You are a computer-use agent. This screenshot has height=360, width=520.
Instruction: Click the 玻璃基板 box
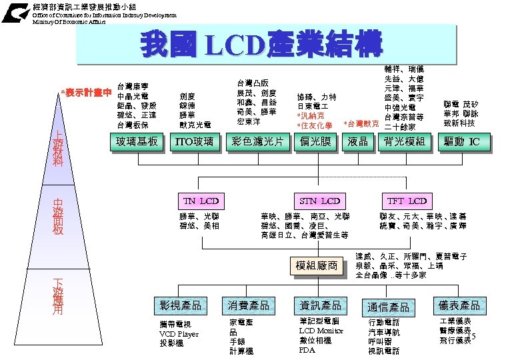click(137, 141)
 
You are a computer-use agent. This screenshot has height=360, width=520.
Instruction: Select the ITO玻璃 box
click(194, 141)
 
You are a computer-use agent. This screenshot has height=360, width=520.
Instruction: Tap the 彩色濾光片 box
click(257, 141)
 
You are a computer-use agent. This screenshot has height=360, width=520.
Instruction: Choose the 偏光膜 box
click(316, 141)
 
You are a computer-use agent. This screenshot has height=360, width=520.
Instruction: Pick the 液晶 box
click(358, 141)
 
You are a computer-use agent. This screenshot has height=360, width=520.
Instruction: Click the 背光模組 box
click(405, 141)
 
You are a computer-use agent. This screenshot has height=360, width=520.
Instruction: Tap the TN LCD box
click(201, 201)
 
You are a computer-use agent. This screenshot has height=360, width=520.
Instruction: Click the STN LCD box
click(320, 201)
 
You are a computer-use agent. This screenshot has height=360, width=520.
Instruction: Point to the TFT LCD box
click(407, 201)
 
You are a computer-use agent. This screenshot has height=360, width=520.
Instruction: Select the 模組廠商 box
click(317, 266)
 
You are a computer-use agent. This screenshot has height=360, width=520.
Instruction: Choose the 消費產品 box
click(249, 305)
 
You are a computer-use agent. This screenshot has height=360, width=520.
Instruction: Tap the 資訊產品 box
click(320, 305)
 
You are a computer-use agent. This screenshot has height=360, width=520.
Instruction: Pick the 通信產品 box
click(388, 307)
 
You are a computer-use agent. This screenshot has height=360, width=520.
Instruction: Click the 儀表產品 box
click(459, 305)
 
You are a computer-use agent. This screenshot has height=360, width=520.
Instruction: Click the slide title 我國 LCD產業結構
click(261, 45)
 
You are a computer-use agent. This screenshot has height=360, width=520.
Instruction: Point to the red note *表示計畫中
click(85, 92)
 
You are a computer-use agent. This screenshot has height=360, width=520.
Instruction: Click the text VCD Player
click(179, 333)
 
